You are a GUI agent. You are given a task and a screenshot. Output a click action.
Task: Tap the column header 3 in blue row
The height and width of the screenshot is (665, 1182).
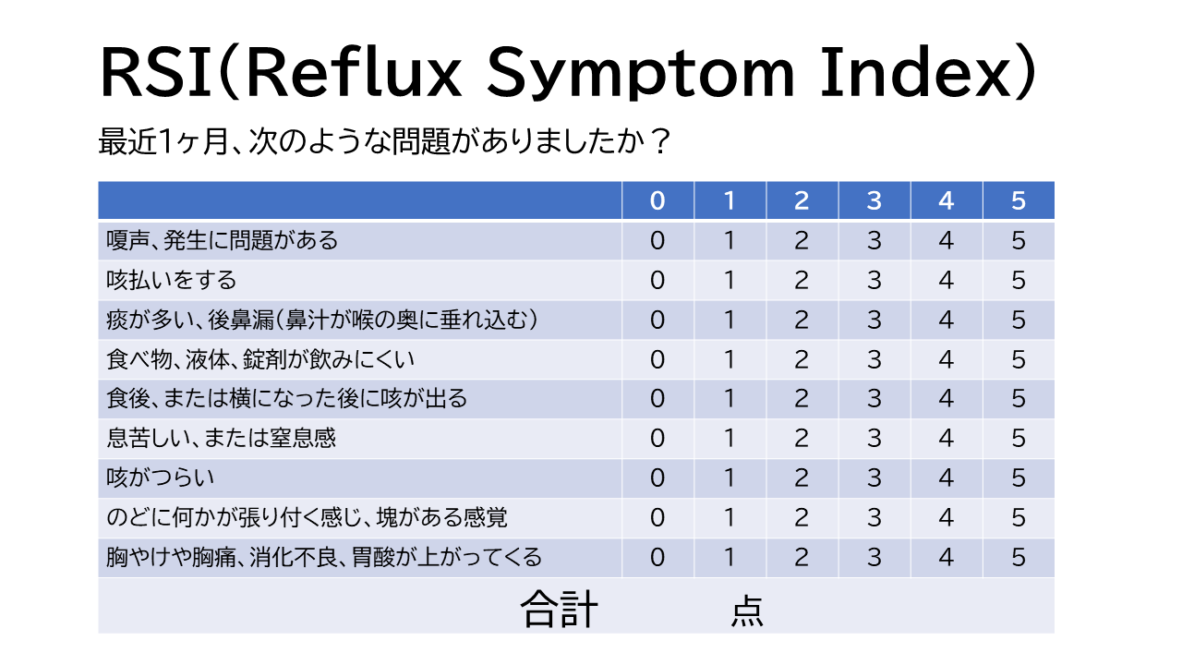[874, 200]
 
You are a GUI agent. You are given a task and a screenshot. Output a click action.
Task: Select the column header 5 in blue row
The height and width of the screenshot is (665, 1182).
[1019, 200]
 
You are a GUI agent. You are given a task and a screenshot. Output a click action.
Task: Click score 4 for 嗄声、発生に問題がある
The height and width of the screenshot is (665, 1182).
[946, 241]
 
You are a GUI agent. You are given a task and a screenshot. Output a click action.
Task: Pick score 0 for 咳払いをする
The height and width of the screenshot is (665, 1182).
[657, 280]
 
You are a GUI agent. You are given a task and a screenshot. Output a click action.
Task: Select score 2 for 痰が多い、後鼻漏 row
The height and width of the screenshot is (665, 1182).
[802, 320]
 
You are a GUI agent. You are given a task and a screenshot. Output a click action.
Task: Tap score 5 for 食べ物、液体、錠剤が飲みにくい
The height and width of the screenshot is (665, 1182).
[1019, 359]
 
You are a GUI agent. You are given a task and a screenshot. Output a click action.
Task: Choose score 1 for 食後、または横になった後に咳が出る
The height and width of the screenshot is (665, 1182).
[730, 399]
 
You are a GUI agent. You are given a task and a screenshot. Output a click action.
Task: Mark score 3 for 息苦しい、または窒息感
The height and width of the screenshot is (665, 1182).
[874, 438]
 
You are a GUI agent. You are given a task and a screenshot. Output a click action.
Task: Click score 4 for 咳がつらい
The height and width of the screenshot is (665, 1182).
[946, 478]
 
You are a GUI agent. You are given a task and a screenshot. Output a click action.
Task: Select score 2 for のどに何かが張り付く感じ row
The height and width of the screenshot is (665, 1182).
[802, 517]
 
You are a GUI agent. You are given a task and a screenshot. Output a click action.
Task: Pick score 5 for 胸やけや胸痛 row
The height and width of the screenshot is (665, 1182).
[1019, 557]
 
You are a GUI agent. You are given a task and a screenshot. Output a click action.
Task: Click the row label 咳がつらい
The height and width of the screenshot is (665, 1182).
[160, 478]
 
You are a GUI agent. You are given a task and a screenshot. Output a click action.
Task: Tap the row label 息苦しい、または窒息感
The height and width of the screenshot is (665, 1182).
[221, 438]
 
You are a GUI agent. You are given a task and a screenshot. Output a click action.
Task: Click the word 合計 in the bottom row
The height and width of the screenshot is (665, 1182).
[560, 610]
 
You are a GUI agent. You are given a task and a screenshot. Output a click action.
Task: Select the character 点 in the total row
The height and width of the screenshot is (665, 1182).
[746, 611]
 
